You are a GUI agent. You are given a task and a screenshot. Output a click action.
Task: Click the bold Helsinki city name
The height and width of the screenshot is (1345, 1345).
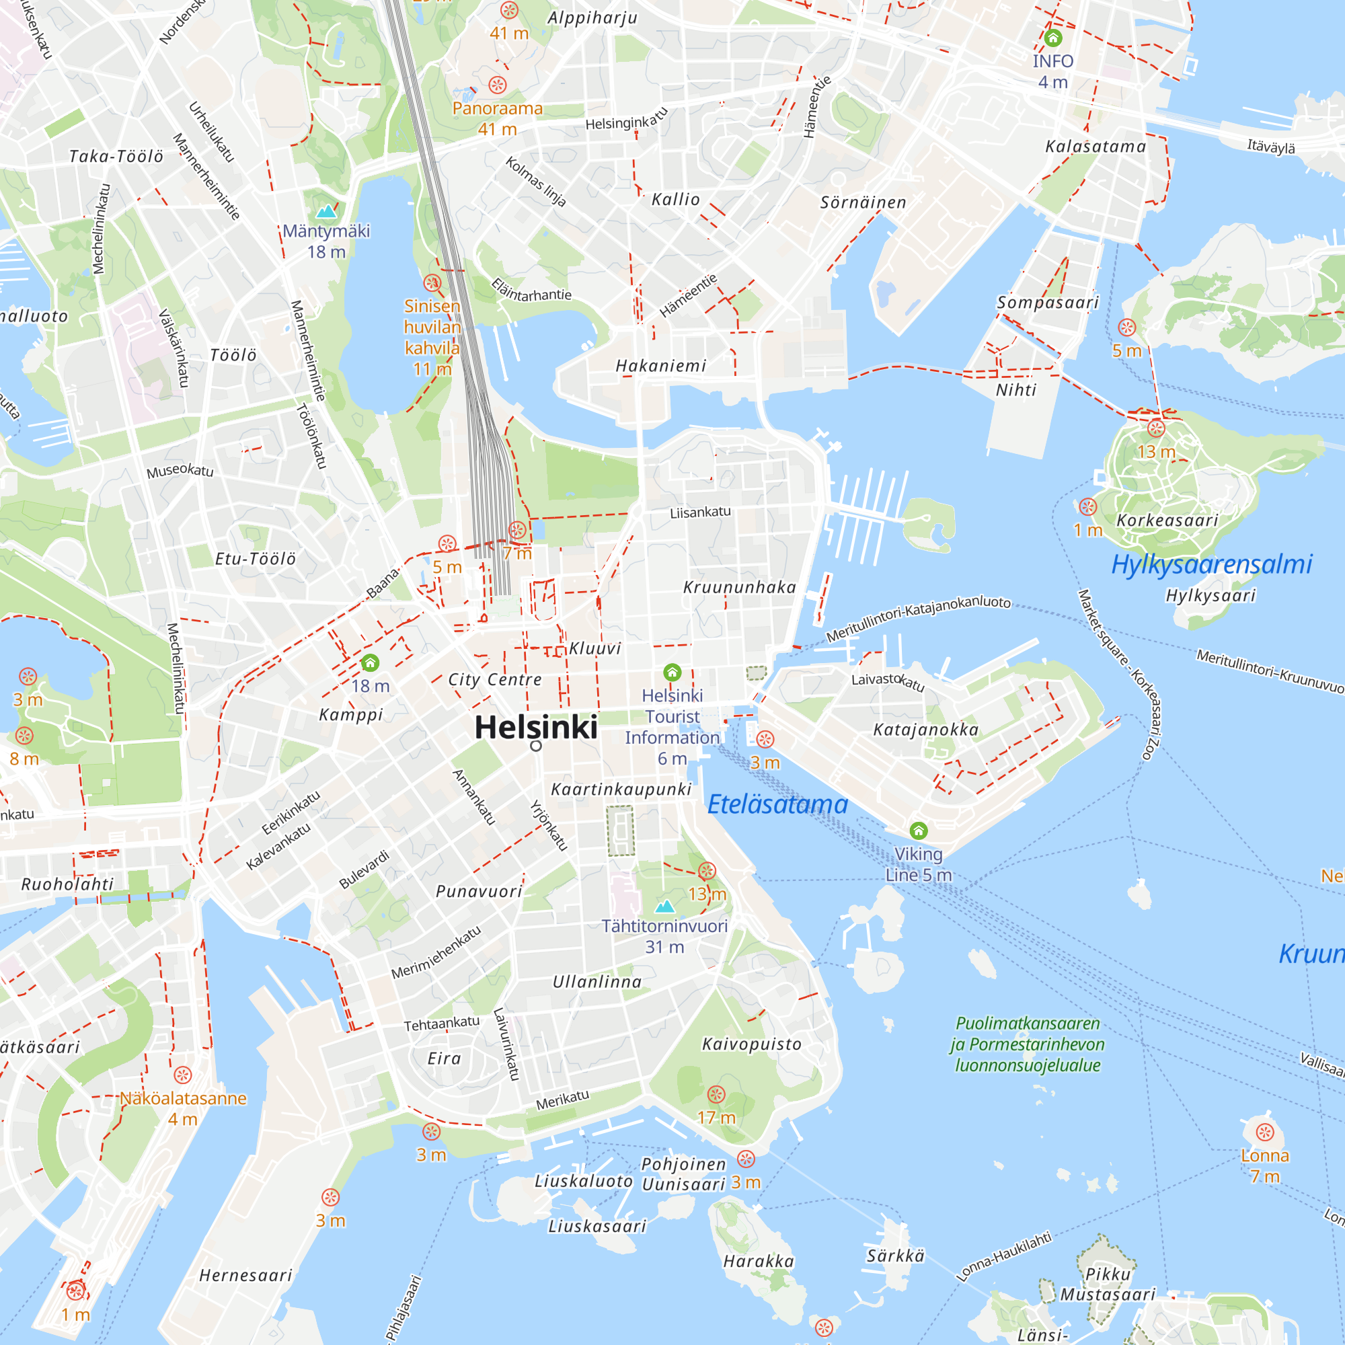(535, 728)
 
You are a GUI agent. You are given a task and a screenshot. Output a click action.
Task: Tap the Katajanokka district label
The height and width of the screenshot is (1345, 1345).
(926, 730)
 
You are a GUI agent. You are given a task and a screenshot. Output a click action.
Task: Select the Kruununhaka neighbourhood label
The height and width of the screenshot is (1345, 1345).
(739, 587)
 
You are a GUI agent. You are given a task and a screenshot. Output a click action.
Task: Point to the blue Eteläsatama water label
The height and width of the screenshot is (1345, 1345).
(777, 804)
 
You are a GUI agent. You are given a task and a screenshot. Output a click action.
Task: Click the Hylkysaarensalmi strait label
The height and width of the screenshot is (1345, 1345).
(1211, 564)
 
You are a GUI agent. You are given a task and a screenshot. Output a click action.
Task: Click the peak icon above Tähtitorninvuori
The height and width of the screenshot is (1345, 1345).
(665, 906)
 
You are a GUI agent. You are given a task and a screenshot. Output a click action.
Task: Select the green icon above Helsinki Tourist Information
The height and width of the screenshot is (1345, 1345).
(672, 672)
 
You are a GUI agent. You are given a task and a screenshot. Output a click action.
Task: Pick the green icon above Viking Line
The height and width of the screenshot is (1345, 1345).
(918, 830)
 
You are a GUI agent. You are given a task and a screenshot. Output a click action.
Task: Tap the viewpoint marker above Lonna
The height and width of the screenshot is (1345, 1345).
(1265, 1132)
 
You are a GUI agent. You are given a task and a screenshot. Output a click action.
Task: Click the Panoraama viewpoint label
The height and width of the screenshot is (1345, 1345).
(497, 108)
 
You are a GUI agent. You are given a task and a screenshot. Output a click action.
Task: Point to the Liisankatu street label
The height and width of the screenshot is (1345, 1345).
(700, 512)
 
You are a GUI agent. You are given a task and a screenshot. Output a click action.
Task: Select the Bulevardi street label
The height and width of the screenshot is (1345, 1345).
(364, 869)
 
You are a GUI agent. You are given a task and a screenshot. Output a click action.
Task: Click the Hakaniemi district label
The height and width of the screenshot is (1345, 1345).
(660, 365)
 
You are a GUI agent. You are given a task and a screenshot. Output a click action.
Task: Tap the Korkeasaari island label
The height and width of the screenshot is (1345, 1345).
(1167, 520)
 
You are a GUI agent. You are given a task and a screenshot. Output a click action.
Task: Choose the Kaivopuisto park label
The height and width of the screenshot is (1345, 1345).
(752, 1044)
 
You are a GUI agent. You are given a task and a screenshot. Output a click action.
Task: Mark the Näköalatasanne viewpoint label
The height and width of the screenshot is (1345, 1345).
(183, 1098)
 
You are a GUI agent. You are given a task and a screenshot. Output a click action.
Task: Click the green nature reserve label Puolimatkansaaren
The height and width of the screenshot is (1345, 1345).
(1028, 1024)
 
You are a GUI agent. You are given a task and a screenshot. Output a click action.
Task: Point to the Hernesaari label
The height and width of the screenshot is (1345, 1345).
(245, 1275)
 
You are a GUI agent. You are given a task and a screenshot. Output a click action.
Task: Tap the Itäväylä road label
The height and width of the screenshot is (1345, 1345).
(1271, 146)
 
